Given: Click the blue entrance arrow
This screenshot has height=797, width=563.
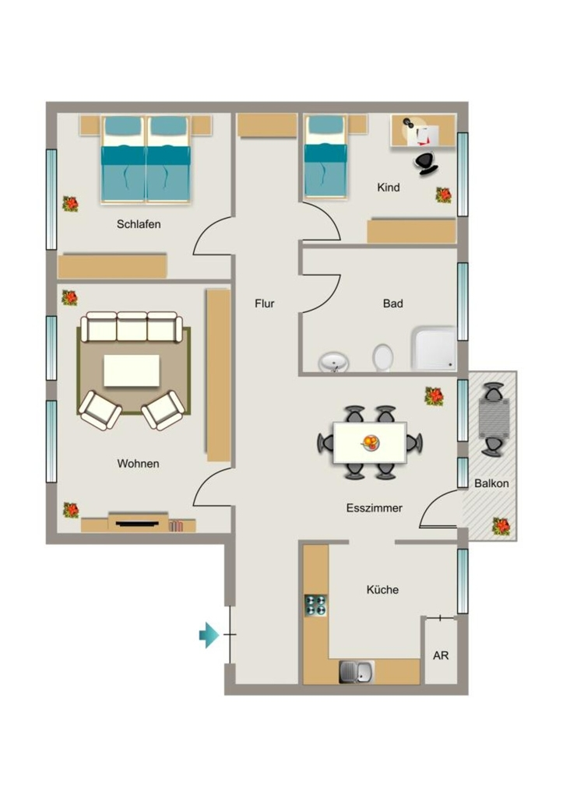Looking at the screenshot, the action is tap(209, 635).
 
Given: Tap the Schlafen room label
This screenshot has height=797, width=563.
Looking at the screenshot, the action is tap(139, 224).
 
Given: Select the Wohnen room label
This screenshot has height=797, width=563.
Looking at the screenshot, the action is tap(138, 464).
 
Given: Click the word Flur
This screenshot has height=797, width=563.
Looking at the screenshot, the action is tap(265, 304).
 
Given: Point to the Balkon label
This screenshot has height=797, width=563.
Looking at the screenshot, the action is tap(491, 483).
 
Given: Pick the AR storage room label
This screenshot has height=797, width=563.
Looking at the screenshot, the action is tap(441, 655).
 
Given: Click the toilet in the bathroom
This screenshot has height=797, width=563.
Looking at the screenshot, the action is tap(382, 358).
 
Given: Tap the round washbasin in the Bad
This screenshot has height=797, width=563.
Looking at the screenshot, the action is tap(333, 363).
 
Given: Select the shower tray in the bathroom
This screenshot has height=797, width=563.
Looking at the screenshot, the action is tap(433, 348).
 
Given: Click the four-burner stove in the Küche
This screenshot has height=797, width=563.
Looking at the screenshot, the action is tap(315, 606).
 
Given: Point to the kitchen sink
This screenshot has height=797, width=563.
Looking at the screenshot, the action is tap(357, 672).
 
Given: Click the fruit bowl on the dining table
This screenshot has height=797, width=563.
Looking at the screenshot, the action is tap(370, 443).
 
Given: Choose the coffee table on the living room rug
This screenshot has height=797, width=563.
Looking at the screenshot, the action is tap(132, 370).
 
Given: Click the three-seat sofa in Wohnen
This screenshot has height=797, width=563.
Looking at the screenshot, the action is tap(132, 327).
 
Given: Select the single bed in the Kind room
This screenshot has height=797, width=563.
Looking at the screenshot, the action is tap(326, 156).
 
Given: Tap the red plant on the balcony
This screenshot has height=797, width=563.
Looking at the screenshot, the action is tap(501, 526).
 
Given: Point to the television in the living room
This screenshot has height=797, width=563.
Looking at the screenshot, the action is tap(137, 523).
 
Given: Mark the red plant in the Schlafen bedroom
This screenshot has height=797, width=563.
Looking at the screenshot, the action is tap(70, 204).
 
